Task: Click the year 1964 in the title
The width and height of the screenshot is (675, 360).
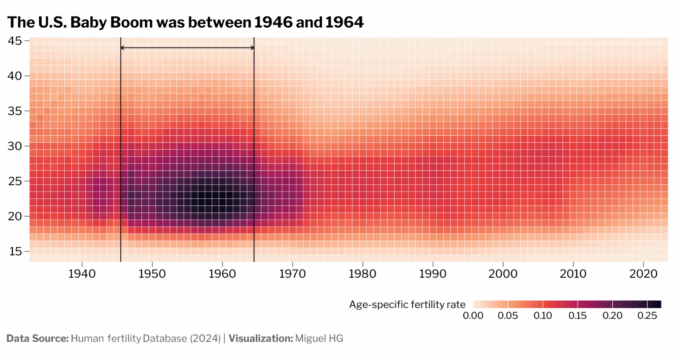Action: [344, 22]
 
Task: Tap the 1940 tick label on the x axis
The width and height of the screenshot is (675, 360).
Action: [82, 274]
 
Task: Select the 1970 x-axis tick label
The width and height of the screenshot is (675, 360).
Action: [292, 274]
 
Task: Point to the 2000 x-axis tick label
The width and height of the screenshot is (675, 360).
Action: [503, 274]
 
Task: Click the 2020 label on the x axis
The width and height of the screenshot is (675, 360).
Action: [643, 274]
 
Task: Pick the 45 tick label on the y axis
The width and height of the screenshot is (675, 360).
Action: [15, 41]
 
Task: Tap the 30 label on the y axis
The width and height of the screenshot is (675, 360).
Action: [15, 146]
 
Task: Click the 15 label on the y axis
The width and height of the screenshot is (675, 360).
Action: [15, 251]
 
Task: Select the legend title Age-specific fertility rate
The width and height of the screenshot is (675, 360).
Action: [407, 304]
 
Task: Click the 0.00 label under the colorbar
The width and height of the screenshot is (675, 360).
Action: [473, 316]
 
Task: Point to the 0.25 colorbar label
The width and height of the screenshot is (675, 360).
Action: [647, 316]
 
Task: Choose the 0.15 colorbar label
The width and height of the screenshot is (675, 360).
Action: [577, 316]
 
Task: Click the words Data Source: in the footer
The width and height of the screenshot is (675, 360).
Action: [38, 339]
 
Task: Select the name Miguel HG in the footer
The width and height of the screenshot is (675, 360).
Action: [319, 339]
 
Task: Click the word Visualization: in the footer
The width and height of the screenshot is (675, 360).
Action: [261, 339]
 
